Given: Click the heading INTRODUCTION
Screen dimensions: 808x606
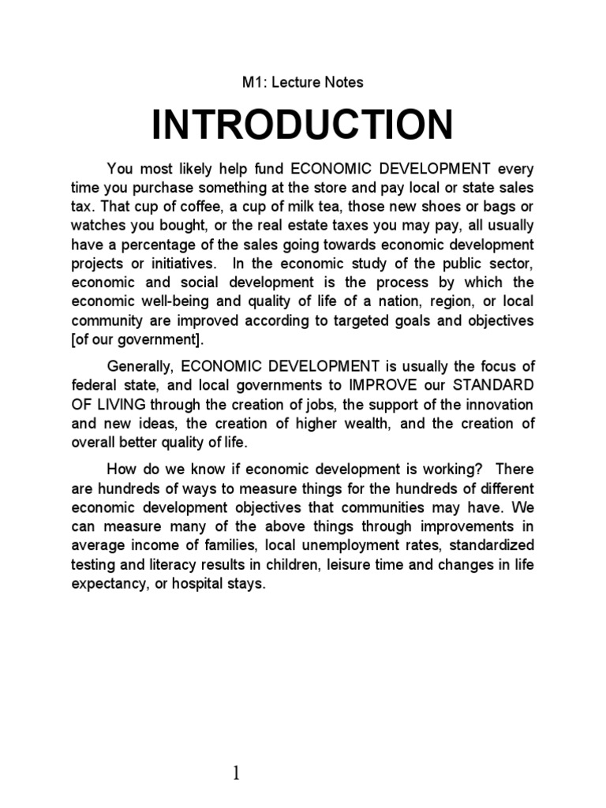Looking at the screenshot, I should click(x=302, y=126).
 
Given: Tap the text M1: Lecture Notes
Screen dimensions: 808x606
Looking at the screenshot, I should click(x=302, y=81).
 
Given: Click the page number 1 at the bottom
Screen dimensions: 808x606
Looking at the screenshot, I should click(x=237, y=751).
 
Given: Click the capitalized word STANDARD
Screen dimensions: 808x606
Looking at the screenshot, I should click(x=492, y=384).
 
